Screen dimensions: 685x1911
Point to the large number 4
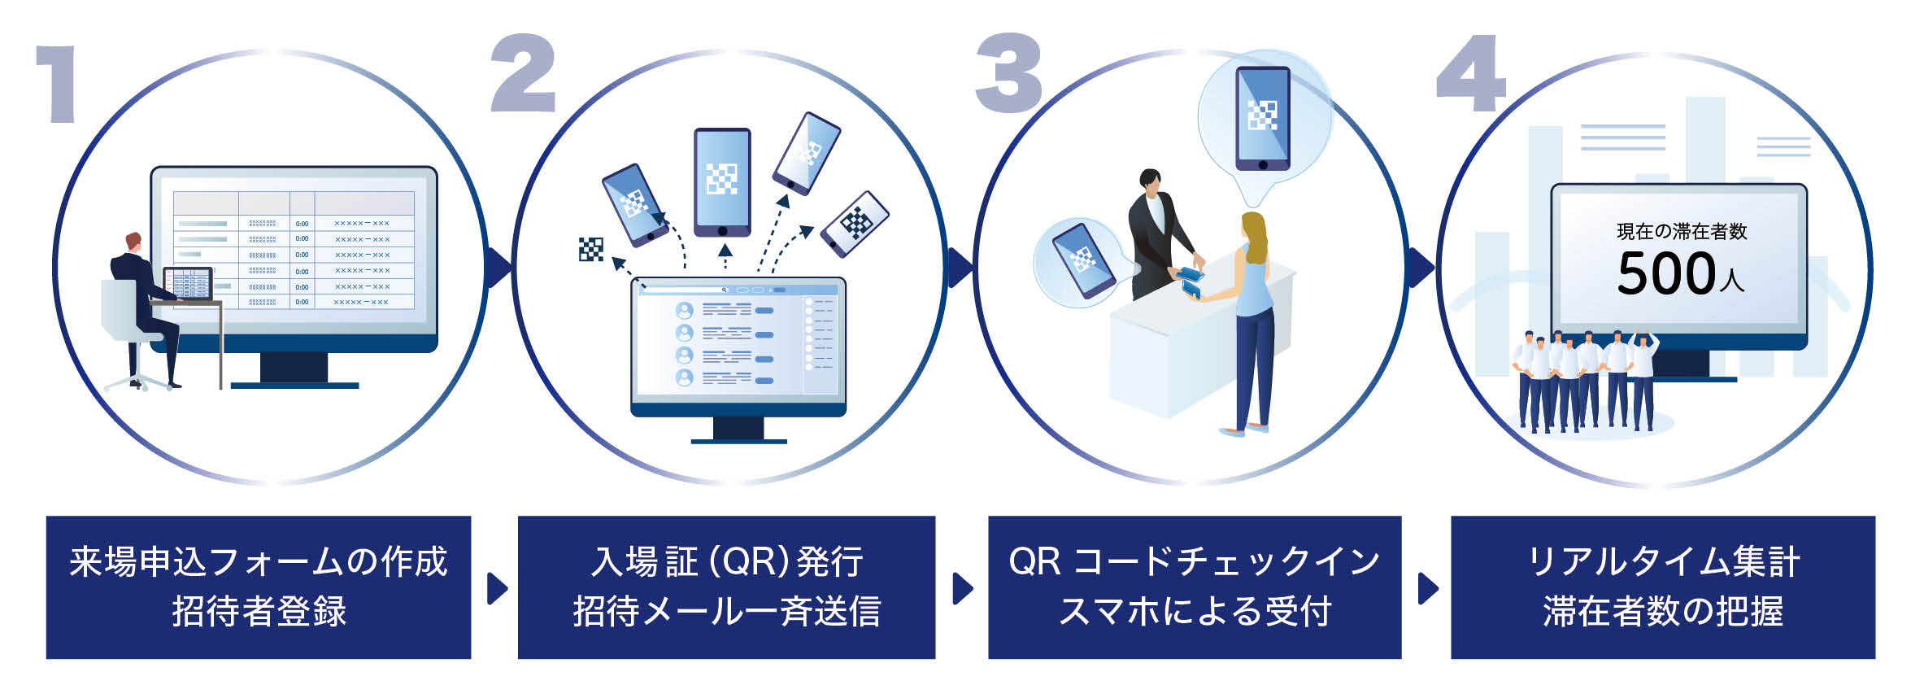(x=1471, y=75)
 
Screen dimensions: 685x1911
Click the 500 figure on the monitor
(x=1666, y=273)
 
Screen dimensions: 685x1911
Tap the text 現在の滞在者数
(x=1681, y=232)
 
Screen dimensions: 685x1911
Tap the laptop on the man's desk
(x=188, y=284)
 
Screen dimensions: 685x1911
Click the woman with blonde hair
(x=1252, y=317)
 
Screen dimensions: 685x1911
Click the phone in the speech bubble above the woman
(x=1262, y=118)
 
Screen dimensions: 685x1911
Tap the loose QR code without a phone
(x=591, y=250)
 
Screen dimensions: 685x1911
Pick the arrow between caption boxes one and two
(x=496, y=588)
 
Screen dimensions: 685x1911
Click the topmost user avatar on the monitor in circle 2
(x=685, y=311)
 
